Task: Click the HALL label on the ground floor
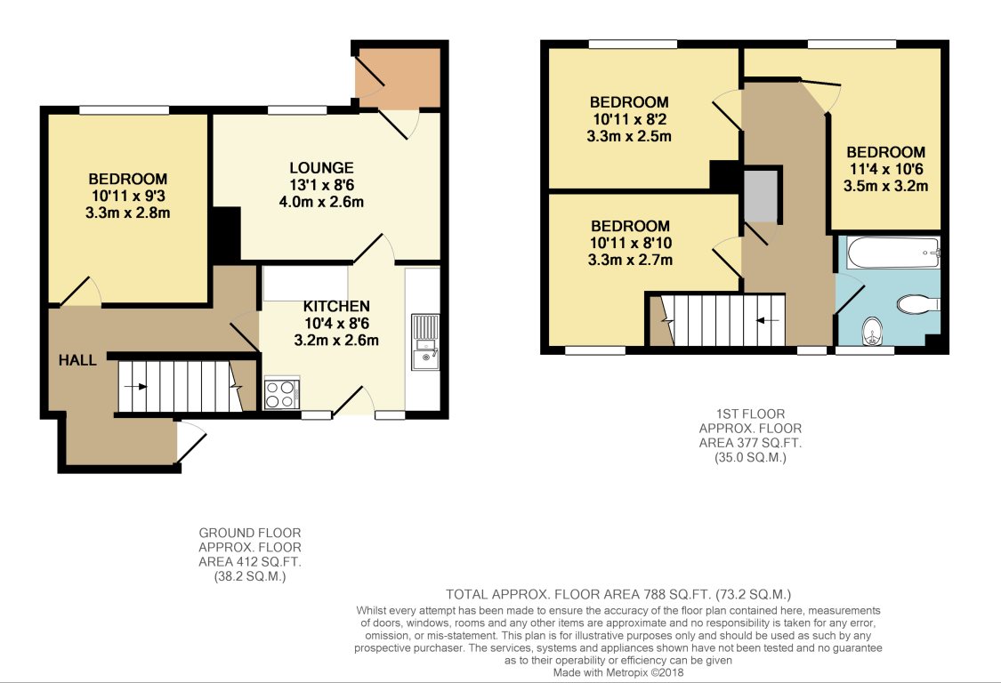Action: click(77, 360)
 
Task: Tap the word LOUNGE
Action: click(321, 168)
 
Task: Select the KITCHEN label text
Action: click(336, 307)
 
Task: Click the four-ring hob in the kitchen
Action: click(281, 393)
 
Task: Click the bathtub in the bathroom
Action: click(893, 253)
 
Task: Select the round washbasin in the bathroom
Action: click(873, 332)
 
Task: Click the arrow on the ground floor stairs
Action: click(135, 386)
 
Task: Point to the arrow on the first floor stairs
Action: click(767, 320)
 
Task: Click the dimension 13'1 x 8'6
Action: click(321, 185)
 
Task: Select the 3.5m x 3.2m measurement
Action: click(885, 187)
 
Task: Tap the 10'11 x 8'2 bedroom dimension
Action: click(629, 119)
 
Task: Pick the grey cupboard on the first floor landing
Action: click(762, 196)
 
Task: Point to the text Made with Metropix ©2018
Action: click(618, 672)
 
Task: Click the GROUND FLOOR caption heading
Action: click(250, 533)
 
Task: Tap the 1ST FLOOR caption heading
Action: click(750, 414)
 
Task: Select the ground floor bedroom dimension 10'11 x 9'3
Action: click(127, 196)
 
